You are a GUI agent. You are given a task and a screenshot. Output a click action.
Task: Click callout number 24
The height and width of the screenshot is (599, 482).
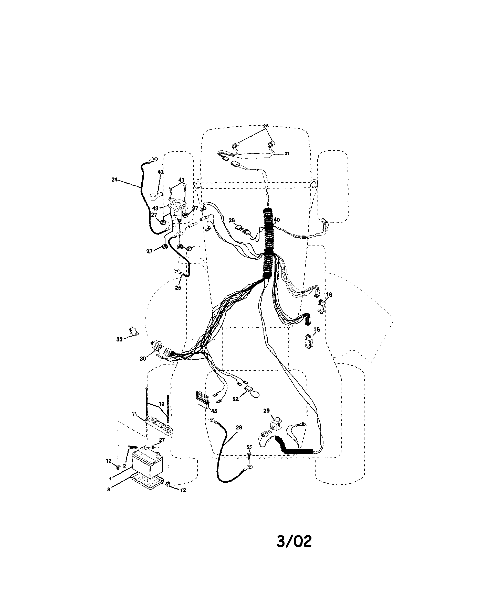pyautogui.click(x=114, y=180)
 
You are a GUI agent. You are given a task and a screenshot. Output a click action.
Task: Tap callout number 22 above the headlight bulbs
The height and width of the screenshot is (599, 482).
pyautogui.click(x=266, y=126)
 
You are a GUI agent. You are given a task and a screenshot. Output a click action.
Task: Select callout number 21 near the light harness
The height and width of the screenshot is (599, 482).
pyautogui.click(x=287, y=153)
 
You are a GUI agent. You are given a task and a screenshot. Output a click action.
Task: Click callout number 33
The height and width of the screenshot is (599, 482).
pyautogui.click(x=119, y=339)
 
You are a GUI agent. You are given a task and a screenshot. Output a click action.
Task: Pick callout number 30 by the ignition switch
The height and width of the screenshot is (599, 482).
pyautogui.click(x=143, y=359)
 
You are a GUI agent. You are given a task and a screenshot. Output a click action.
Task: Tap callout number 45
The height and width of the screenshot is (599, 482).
pyautogui.click(x=214, y=411)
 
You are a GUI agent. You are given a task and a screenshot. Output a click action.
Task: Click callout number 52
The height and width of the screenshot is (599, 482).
pyautogui.click(x=236, y=399)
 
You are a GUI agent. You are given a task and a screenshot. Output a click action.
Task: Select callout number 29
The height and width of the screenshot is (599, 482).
pyautogui.click(x=266, y=418)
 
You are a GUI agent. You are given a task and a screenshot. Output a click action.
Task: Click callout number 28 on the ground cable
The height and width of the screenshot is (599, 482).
pyautogui.click(x=239, y=428)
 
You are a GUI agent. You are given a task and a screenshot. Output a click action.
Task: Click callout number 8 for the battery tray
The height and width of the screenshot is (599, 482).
pyautogui.click(x=109, y=490)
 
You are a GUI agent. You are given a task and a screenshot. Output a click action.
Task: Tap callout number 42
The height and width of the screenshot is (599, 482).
pyautogui.click(x=161, y=172)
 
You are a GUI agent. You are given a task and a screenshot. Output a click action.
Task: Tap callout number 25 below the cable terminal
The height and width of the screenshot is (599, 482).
pyautogui.click(x=178, y=288)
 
